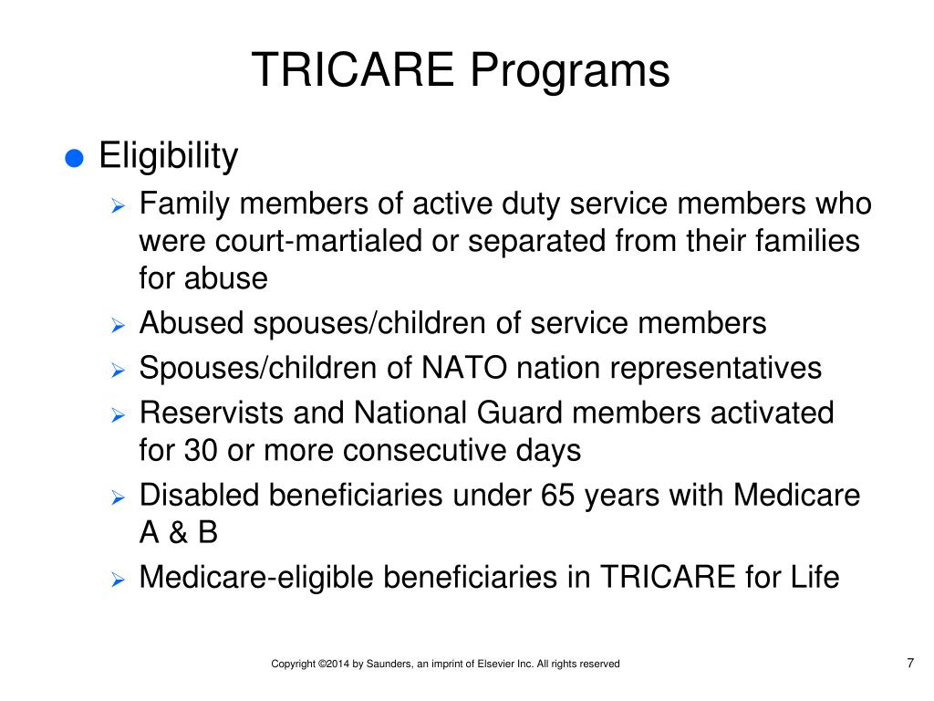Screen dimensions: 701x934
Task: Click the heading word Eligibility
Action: [x=168, y=157]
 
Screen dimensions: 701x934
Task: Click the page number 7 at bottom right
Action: [x=909, y=663]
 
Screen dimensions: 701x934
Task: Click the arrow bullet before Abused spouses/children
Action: [x=118, y=325]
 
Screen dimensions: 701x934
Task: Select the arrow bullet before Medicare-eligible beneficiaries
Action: [x=118, y=580]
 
